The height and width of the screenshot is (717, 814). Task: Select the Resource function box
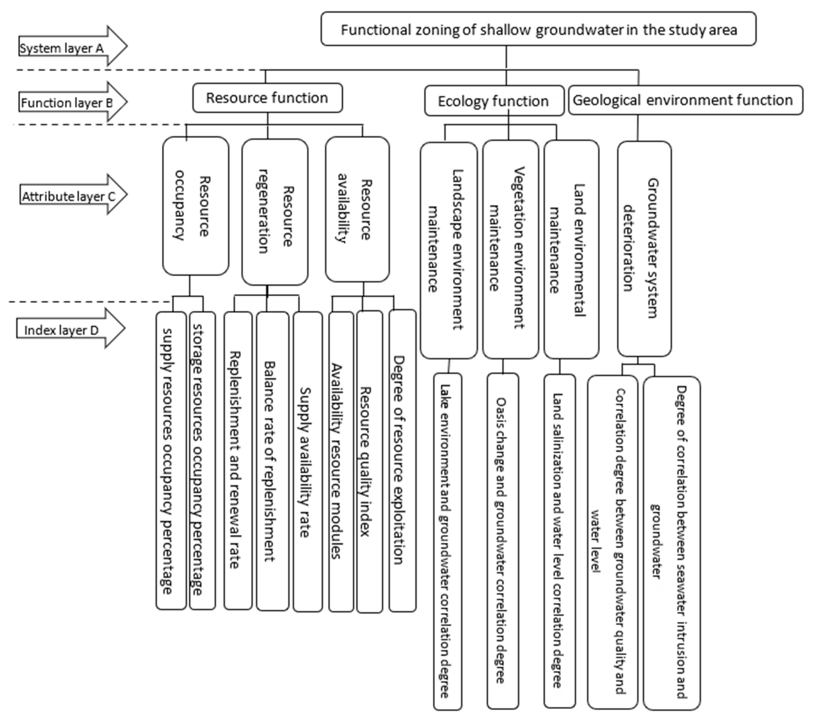(x=267, y=98)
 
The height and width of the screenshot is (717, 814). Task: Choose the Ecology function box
(x=494, y=101)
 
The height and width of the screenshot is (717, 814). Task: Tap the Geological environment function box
(x=685, y=100)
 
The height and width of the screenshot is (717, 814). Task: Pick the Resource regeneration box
(x=275, y=212)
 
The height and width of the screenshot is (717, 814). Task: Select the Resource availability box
(x=357, y=209)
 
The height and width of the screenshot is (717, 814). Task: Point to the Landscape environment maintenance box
(x=448, y=250)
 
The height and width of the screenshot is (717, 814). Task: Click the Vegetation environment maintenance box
(x=510, y=249)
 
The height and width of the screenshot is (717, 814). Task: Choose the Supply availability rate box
(x=307, y=462)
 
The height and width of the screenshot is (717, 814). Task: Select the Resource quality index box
(x=369, y=462)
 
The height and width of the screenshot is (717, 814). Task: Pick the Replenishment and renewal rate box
(x=238, y=460)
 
